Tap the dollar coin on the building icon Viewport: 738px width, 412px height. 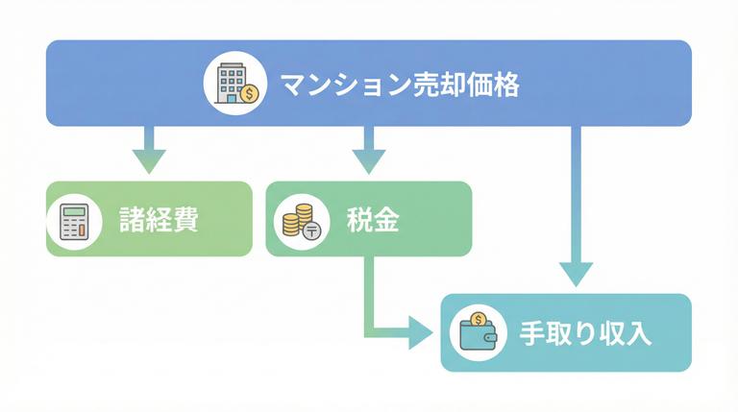click(250, 94)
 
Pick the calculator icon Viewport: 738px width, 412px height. click(74, 221)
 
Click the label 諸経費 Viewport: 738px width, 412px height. click(159, 220)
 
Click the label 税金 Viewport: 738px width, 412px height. click(372, 220)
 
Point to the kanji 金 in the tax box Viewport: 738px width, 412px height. click(385, 220)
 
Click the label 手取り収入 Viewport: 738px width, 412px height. click(586, 334)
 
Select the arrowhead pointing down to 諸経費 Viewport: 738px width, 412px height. click(149, 159)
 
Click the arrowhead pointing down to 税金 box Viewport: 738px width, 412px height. click(369, 159)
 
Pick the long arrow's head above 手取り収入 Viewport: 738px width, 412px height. click(576, 273)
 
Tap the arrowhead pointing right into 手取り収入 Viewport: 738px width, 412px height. click(420, 332)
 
